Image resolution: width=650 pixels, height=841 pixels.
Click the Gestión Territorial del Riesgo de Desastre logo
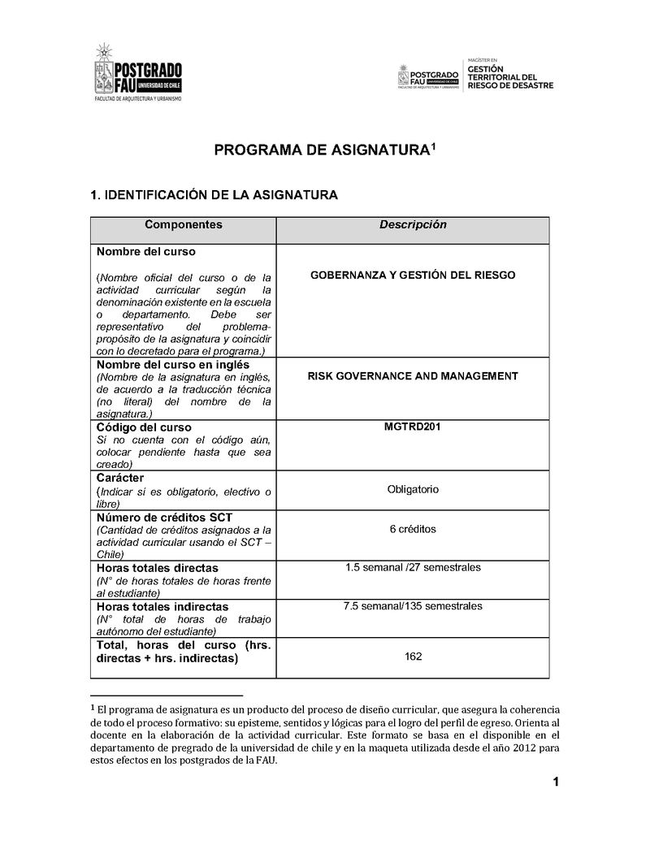(x=475, y=75)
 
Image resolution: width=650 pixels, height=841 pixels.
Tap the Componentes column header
(x=183, y=225)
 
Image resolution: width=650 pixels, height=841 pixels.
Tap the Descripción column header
(x=413, y=225)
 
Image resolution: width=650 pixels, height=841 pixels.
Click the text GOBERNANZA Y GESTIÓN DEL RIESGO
(x=413, y=275)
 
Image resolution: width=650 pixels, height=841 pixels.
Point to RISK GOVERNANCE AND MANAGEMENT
(x=413, y=376)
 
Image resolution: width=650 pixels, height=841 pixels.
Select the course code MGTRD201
(x=413, y=427)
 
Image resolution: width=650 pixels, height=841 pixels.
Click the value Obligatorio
(x=413, y=490)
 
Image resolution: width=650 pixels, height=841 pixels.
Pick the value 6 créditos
(x=413, y=529)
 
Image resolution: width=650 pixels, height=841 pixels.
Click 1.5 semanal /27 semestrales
(x=413, y=567)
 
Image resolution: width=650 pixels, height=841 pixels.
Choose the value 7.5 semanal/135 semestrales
(x=413, y=606)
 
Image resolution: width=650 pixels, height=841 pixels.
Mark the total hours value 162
(x=413, y=657)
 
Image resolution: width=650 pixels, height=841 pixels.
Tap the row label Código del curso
(x=144, y=427)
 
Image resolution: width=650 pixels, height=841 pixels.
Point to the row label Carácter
(x=120, y=479)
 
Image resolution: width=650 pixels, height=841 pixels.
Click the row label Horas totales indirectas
(x=162, y=607)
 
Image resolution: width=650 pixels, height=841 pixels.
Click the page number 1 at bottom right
(x=556, y=782)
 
